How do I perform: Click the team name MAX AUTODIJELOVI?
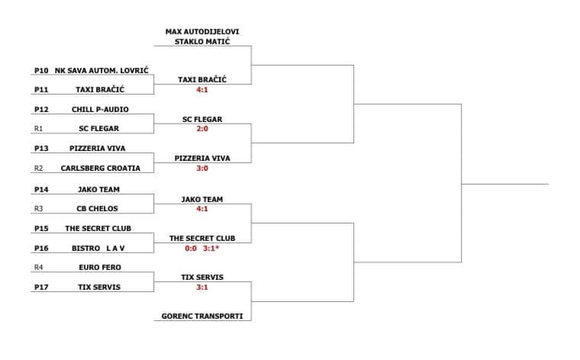(202, 32)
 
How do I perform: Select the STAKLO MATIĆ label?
(202, 41)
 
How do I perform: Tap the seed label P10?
(41, 71)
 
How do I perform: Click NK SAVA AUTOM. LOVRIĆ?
(101, 70)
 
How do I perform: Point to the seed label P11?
(41, 90)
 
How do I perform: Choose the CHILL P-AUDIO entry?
(100, 109)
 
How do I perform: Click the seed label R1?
(38, 129)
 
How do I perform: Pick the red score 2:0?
(202, 129)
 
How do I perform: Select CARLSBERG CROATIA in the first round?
(101, 168)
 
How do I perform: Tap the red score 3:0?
(202, 168)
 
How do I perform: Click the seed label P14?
(41, 190)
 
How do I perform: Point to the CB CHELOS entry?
(97, 208)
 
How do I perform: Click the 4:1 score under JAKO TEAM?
(202, 209)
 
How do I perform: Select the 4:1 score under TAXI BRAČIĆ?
(202, 90)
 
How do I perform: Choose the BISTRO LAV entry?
(98, 249)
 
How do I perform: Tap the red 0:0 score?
(191, 249)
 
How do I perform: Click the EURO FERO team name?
(100, 267)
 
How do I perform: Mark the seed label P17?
(41, 288)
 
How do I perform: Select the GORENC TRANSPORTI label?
(202, 316)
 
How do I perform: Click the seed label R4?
(38, 267)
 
